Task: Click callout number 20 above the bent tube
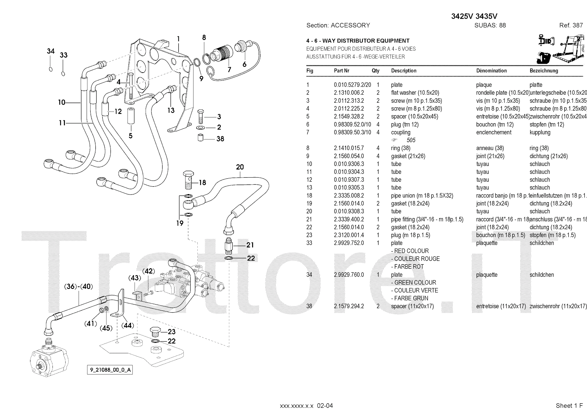pos(240,167)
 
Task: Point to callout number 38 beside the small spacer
pos(220,139)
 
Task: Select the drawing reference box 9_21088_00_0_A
pos(109,370)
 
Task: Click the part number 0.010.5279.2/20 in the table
pos(352,85)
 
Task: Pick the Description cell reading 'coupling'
pos(401,132)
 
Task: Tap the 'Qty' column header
pos(375,71)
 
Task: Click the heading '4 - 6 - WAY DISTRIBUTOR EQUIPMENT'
pos(358,41)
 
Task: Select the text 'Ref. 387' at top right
pos(571,25)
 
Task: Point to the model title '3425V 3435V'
pos(474,16)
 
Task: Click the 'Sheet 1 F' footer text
pos(569,405)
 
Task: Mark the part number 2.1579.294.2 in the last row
pos(349,306)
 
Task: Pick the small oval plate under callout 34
pos(50,69)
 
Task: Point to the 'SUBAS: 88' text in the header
pos(490,25)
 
